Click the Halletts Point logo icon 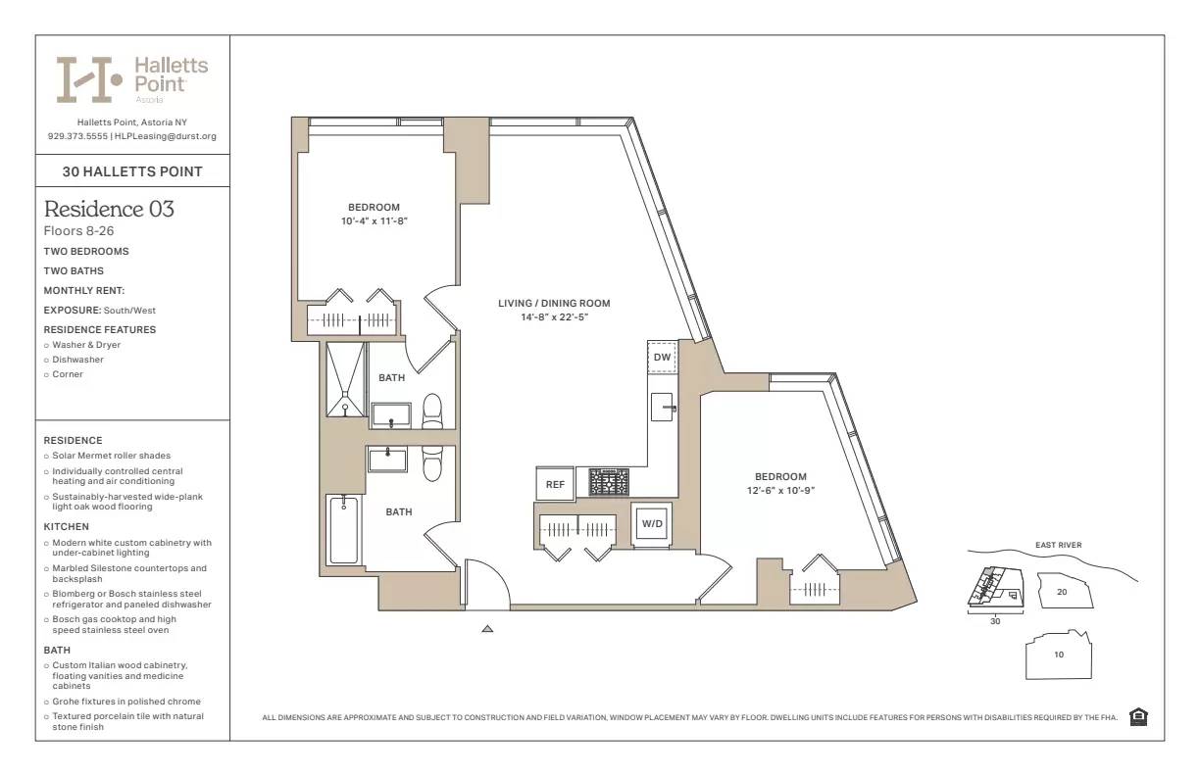click(88, 79)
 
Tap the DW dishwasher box click(662, 358)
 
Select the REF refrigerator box click(555, 483)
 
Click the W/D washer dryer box click(652, 523)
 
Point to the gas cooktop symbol click(609, 482)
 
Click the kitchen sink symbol click(665, 405)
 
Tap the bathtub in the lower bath click(343, 529)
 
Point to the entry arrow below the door click(487, 629)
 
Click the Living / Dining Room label click(554, 304)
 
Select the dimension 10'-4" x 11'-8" click(374, 220)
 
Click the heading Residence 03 click(109, 209)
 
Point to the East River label click(1058, 546)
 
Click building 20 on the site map click(1062, 592)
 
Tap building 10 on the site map click(1059, 655)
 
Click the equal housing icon click(1138, 717)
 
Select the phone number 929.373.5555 click(77, 136)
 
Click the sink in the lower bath click(388, 459)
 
